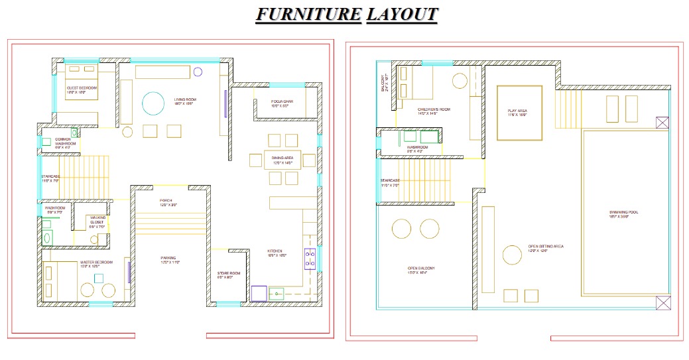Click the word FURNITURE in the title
pyautogui.click(x=308, y=14)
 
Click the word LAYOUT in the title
pyautogui.click(x=401, y=14)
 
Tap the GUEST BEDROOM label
pyautogui.click(x=82, y=88)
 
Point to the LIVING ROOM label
pyautogui.click(x=185, y=100)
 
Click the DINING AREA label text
pyautogui.click(x=282, y=158)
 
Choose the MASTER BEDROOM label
pyautogui.click(x=96, y=263)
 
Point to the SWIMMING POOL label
pyautogui.click(x=623, y=213)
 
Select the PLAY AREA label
pyautogui.click(x=517, y=111)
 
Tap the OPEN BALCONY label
pyautogui.click(x=421, y=269)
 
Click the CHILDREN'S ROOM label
pyautogui.click(x=434, y=109)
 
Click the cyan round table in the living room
pyautogui.click(x=153, y=104)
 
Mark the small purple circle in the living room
pyautogui.click(x=198, y=72)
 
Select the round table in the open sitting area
pyautogui.click(x=511, y=255)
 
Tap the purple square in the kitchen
pyautogui.click(x=259, y=293)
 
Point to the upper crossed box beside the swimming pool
pyautogui.click(x=662, y=123)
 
